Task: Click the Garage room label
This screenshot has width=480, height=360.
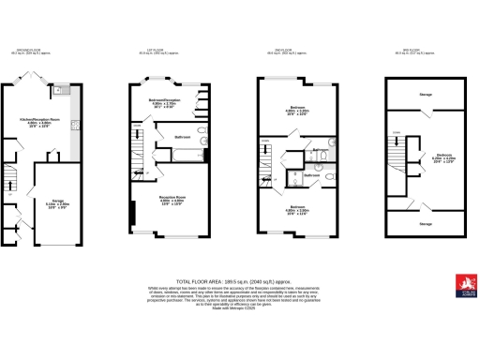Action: pos(58,200)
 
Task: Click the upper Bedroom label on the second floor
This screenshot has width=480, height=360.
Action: pos(298,107)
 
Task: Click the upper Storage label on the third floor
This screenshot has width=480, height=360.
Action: pos(427,95)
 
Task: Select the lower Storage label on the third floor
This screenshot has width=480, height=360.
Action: pos(427,224)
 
